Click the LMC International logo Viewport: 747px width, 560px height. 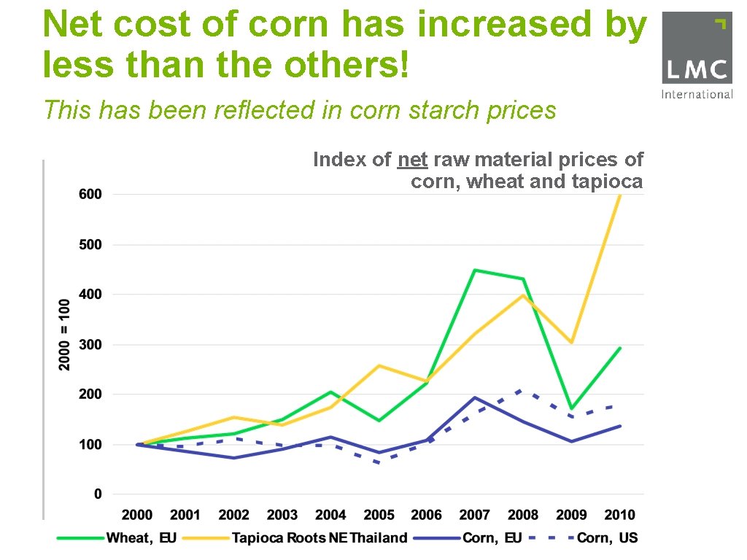(x=697, y=55)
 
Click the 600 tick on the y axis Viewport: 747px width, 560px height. (x=91, y=195)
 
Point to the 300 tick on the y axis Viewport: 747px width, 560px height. (x=91, y=344)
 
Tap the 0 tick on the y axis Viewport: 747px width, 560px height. (x=97, y=494)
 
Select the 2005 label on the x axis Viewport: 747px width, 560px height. (x=379, y=516)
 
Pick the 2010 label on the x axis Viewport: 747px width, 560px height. (x=619, y=516)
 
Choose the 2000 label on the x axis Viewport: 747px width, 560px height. (x=137, y=516)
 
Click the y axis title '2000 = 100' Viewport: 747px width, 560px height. (x=65, y=333)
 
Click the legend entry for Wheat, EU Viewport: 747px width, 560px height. (x=117, y=538)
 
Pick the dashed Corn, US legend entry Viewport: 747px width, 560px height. (x=584, y=538)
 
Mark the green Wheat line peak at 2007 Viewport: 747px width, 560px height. (x=475, y=271)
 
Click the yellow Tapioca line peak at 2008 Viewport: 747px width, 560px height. (x=523, y=295)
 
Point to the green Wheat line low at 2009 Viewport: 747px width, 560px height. (x=571, y=408)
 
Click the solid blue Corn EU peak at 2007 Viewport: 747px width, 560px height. (x=475, y=397)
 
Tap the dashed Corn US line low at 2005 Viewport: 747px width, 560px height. (x=379, y=463)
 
